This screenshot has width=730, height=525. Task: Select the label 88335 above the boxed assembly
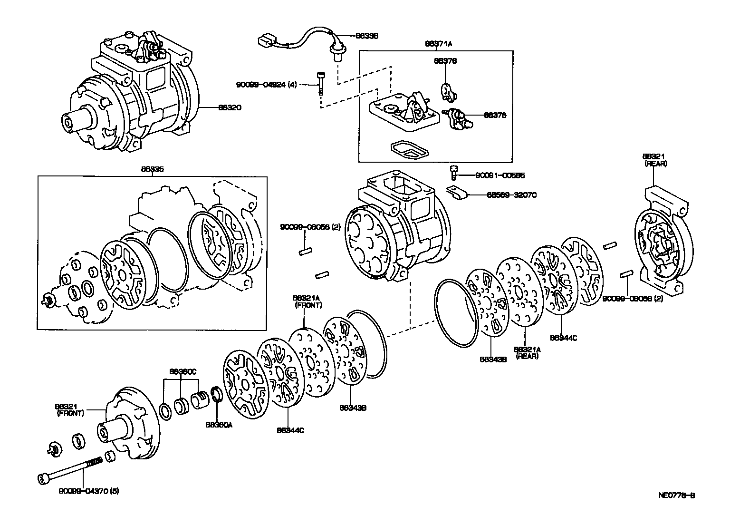click(x=152, y=168)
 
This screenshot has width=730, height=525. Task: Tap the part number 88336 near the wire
click(x=367, y=36)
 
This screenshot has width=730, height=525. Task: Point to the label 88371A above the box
click(x=438, y=43)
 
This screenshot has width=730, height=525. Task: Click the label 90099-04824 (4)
click(x=266, y=85)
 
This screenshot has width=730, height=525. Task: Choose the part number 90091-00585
click(x=500, y=175)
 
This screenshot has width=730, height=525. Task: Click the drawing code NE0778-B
click(x=677, y=495)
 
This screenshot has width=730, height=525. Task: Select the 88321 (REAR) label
click(x=655, y=160)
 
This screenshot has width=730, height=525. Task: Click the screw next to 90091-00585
click(x=453, y=172)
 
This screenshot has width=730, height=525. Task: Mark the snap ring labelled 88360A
click(x=218, y=395)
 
